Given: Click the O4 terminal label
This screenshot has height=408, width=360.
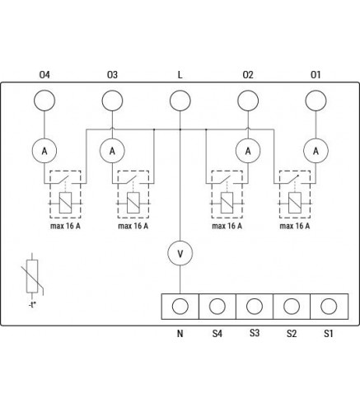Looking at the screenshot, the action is click(44, 75).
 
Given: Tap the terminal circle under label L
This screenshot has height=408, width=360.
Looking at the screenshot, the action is click(180, 101).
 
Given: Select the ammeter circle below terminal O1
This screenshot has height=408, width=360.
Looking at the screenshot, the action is click(316, 151).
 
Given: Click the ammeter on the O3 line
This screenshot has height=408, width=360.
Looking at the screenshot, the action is click(112, 151).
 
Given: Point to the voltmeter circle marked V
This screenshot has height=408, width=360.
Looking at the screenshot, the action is click(180, 253).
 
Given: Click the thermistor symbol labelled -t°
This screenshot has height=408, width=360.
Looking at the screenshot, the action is click(32, 276).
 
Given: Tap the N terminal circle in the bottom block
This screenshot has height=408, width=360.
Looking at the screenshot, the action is click(180, 306).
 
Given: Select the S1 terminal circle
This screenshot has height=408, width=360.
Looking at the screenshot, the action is click(329, 306).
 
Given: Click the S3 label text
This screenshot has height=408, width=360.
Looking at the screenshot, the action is click(255, 333).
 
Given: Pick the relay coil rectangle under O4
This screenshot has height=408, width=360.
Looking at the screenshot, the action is click(65, 203).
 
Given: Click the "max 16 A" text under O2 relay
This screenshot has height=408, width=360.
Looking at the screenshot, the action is click(227, 226).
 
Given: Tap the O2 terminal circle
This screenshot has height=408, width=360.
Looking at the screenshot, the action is click(248, 101).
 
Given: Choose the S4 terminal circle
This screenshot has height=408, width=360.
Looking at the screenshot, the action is click(217, 306).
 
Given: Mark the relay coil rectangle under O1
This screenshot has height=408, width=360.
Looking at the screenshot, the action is click(295, 203).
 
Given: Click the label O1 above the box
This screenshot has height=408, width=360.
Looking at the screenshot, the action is click(316, 75).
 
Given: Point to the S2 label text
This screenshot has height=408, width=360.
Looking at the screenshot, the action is click(292, 334).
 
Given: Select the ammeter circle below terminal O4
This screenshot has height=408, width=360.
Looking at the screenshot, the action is click(44, 151).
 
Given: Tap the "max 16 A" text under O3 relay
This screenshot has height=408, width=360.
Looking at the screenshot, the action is click(133, 226).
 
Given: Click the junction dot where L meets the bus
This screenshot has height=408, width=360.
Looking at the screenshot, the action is click(180, 129).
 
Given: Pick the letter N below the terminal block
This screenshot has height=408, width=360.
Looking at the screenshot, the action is click(180, 334).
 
